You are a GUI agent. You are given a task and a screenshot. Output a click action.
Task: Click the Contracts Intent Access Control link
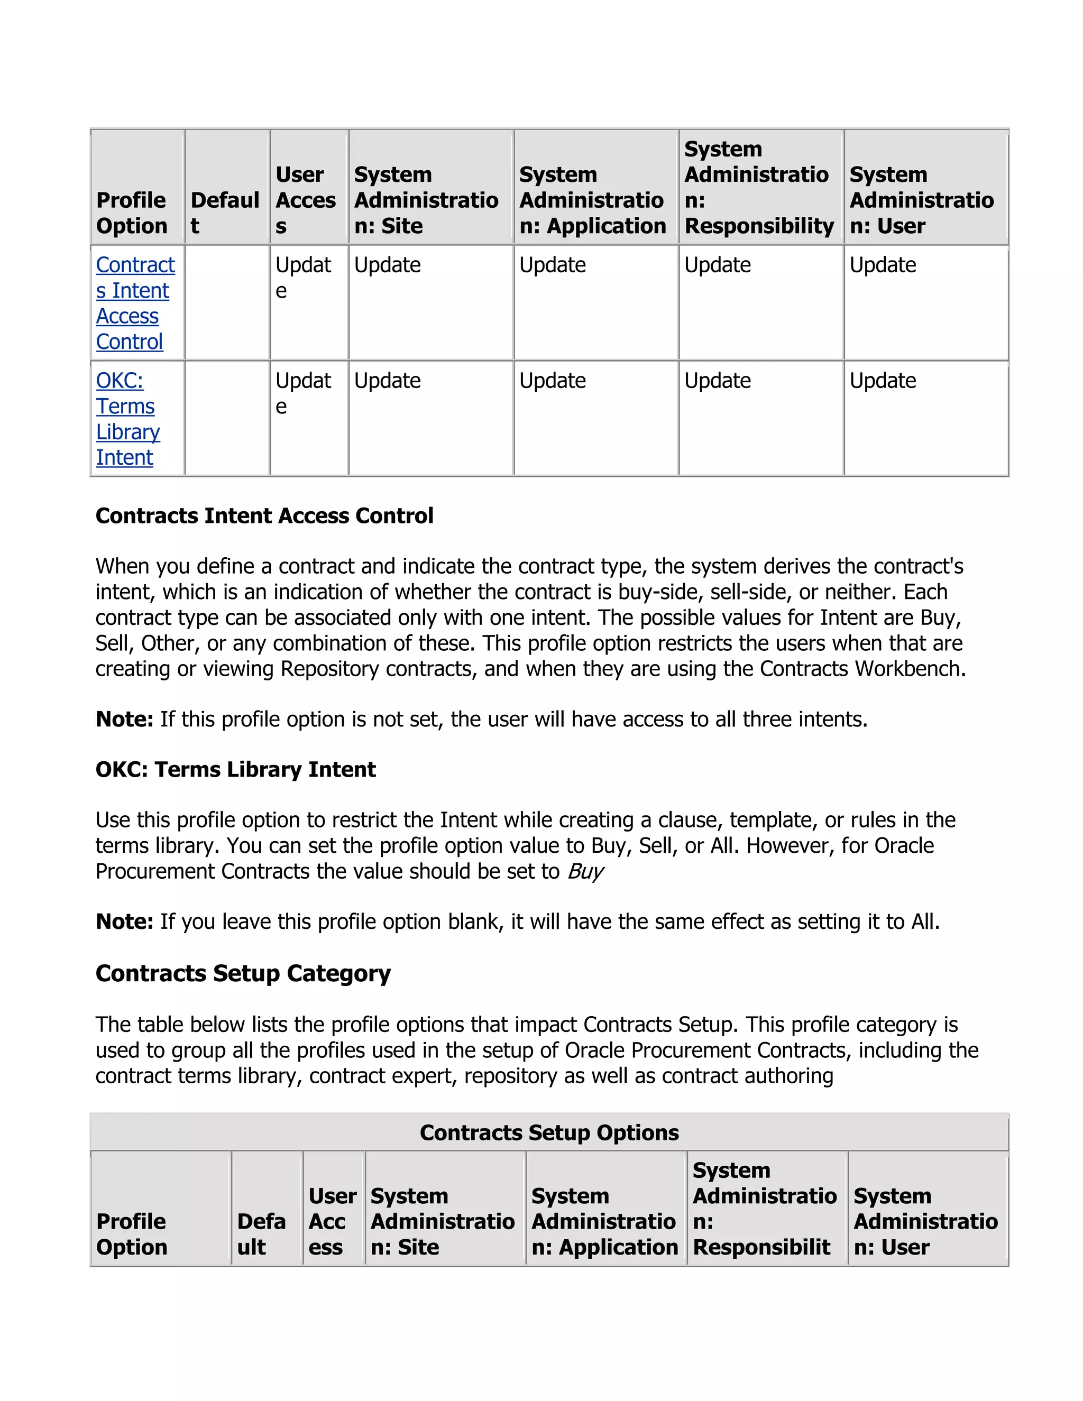tap(135, 303)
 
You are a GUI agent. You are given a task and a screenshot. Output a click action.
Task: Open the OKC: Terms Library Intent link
tap(127, 419)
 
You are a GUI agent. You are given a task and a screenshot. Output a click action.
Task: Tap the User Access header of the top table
tap(306, 199)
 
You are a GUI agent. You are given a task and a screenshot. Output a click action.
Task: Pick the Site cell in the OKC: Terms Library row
tap(388, 381)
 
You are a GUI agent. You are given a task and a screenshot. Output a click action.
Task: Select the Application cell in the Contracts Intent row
tap(553, 265)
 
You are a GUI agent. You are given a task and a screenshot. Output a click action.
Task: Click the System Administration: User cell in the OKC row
tap(883, 381)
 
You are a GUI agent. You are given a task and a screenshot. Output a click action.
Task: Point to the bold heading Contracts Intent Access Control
tap(264, 516)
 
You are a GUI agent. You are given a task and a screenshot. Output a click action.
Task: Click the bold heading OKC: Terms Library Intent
tap(235, 769)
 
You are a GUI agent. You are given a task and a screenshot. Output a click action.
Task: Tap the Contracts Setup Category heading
tap(243, 973)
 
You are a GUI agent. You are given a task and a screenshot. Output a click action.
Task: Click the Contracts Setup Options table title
tap(549, 1132)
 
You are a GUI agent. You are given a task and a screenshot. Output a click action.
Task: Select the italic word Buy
tap(585, 871)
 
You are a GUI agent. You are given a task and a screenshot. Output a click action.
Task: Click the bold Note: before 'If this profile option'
tap(124, 719)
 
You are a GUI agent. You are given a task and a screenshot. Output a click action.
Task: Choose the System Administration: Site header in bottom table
tap(442, 1221)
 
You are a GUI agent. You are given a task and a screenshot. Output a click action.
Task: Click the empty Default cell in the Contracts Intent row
tap(227, 302)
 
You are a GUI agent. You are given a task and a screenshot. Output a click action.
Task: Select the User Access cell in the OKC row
tap(303, 393)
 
